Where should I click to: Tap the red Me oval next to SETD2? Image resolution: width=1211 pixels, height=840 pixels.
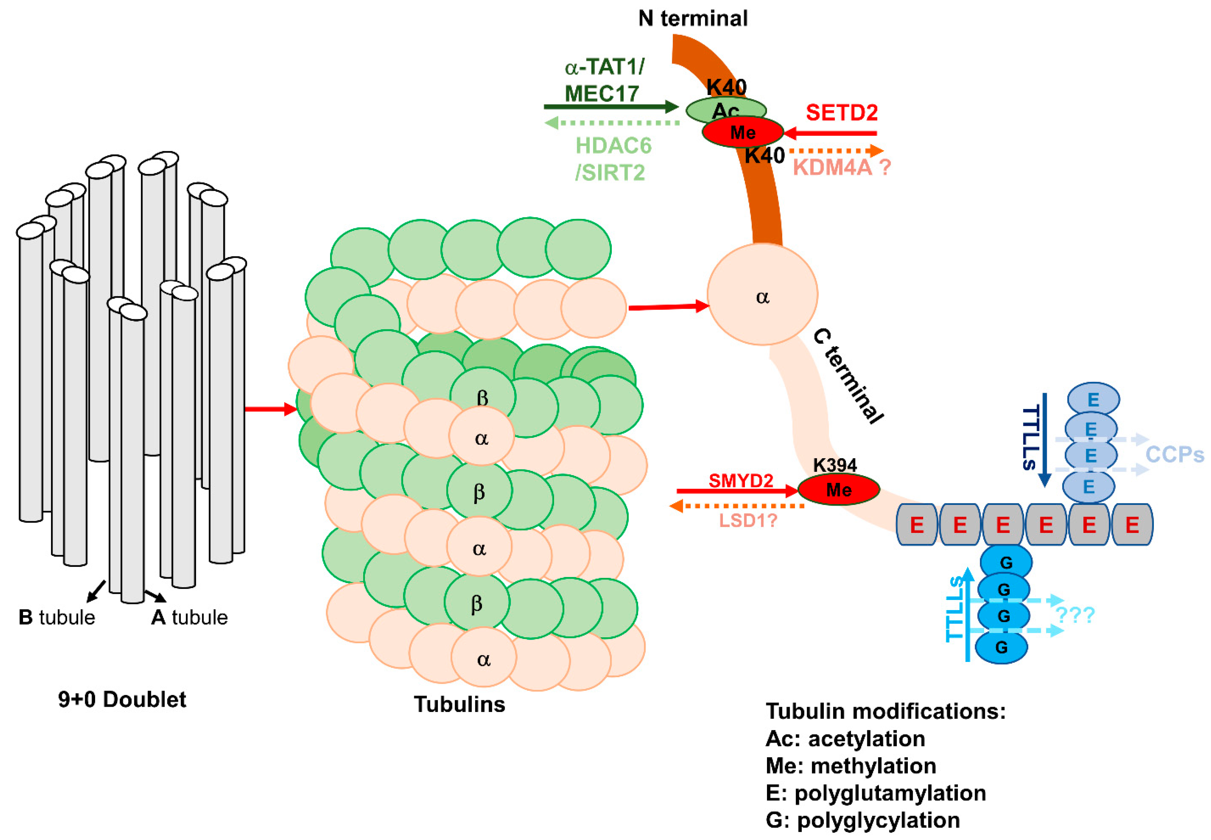click(742, 132)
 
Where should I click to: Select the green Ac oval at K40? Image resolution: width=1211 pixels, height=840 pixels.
click(725, 108)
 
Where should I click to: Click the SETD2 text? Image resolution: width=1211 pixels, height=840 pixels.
click(841, 113)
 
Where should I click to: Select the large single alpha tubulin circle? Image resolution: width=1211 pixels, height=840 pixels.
click(762, 295)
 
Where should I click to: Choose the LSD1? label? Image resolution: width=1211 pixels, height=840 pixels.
click(748, 521)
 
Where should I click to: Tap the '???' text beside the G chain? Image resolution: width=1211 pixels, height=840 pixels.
click(1075, 615)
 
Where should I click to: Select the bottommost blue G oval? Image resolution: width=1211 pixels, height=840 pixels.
click(1001, 647)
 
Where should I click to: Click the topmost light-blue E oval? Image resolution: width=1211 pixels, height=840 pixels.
click(1093, 400)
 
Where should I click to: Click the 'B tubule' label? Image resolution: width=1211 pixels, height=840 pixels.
click(57, 618)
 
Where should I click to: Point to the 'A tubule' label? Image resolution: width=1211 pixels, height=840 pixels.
click(189, 618)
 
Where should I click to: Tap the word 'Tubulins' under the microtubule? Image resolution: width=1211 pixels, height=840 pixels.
click(459, 704)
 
